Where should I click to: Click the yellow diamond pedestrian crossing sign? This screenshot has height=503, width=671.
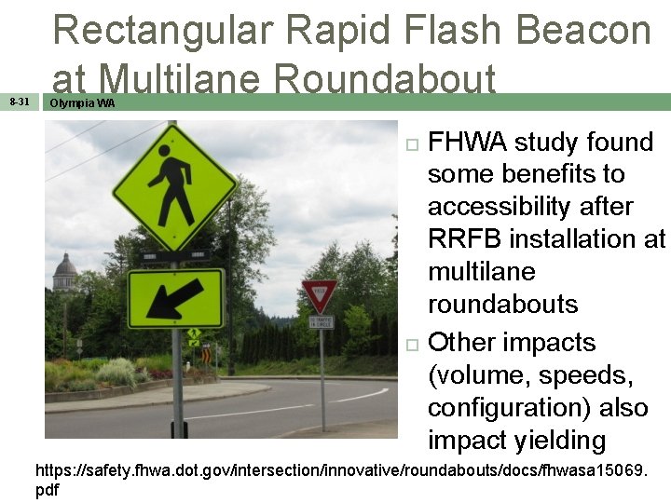(x=174, y=187)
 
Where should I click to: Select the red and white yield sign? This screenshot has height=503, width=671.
(x=319, y=295)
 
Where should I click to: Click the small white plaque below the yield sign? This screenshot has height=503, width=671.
(x=321, y=322)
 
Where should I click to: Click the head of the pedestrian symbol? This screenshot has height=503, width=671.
(x=166, y=150)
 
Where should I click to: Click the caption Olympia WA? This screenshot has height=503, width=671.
(x=82, y=103)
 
